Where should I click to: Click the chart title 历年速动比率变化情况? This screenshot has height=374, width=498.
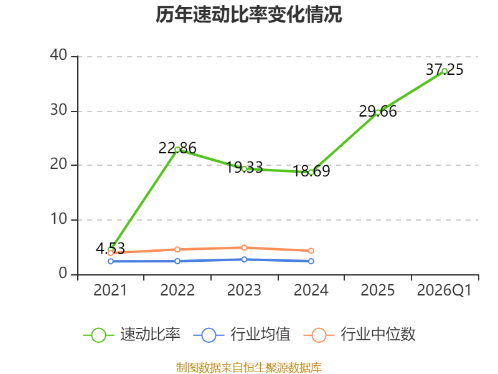point(248,14)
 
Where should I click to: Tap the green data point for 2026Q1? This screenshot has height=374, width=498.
point(444,71)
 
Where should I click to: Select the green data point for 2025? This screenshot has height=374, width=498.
point(378,112)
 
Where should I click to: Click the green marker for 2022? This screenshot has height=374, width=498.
point(177,150)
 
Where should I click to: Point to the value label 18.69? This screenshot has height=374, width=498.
point(311,171)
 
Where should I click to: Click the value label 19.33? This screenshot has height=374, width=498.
point(244,167)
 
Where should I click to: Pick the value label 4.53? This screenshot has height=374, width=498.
point(110,248)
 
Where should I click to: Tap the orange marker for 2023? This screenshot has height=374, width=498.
point(244,247)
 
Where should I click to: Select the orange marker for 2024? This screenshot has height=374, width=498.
point(311,251)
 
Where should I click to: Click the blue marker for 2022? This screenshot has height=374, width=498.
point(177,261)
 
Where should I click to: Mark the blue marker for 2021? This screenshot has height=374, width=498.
point(111,261)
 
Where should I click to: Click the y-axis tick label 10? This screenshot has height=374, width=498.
point(59,219)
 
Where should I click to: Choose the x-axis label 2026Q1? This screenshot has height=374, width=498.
point(444,290)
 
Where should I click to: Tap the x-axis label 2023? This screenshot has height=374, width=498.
point(244,290)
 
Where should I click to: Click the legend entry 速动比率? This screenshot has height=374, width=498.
point(132,335)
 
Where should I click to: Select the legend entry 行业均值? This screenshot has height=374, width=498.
point(242,335)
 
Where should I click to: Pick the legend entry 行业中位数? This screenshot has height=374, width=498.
point(360,335)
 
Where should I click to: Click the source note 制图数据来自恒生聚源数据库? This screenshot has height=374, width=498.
point(249,368)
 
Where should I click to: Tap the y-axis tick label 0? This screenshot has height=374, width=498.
point(63,273)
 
